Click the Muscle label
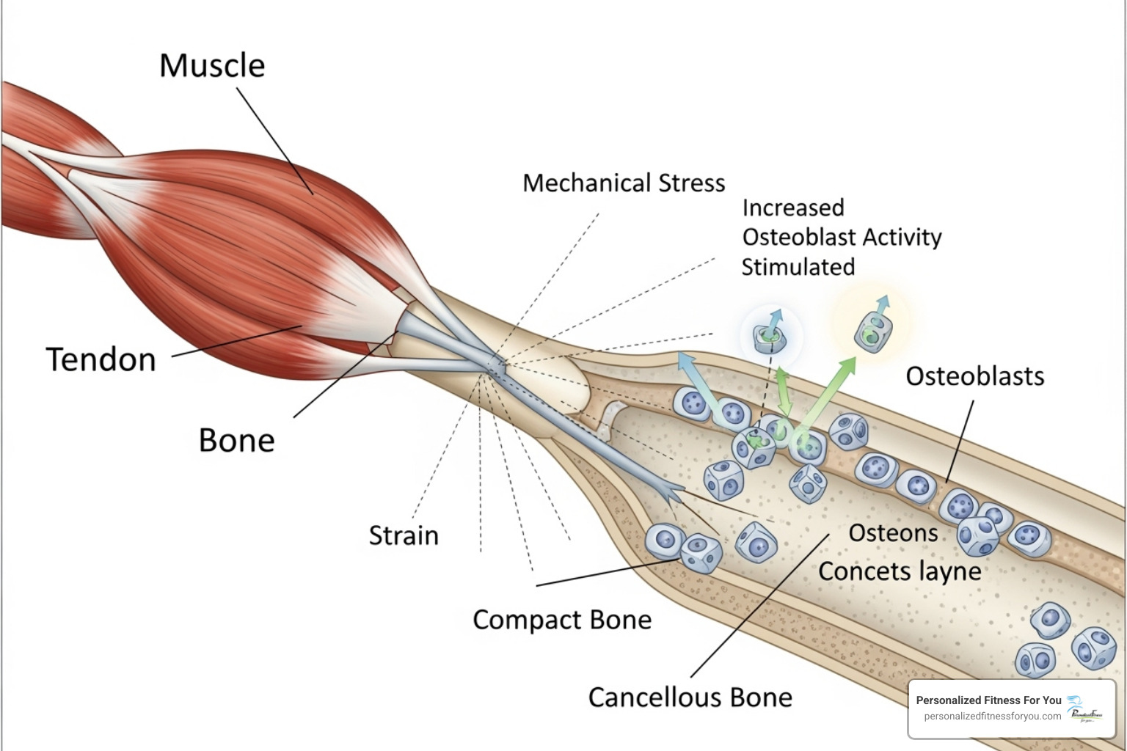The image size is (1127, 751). (x=212, y=66)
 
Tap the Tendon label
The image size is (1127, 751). (x=101, y=360)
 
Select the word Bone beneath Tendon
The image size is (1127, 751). (x=236, y=441)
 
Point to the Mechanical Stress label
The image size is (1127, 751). (x=624, y=183)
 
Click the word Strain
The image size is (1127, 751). (x=404, y=536)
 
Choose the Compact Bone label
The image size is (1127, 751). (x=562, y=620)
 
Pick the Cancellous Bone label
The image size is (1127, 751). (x=690, y=697)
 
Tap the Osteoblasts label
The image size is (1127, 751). (x=974, y=376)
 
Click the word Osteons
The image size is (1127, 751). (x=893, y=533)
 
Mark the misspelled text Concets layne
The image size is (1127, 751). (x=900, y=571)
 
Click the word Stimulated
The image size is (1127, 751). (x=798, y=267)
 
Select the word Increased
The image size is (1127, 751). (x=793, y=208)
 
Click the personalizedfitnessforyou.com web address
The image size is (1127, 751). (x=992, y=717)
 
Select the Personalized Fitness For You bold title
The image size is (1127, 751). (x=988, y=700)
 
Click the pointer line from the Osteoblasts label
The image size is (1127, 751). (x=960, y=440)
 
